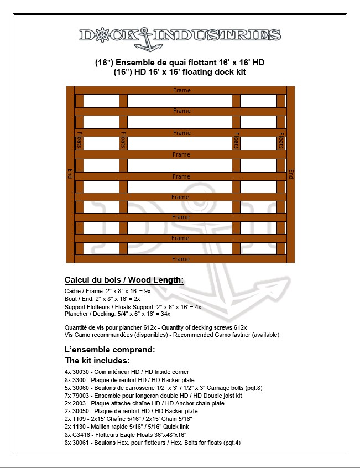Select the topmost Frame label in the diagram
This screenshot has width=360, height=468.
coord(181,90)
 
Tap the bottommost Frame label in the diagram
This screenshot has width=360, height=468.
coord(181,259)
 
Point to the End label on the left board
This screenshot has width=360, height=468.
coord(70,174)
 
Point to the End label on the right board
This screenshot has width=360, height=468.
coord(291,174)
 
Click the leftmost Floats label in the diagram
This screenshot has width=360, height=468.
coord(79,140)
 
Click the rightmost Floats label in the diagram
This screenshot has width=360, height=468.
coord(281,140)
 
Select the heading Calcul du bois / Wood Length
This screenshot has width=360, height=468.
coord(124,279)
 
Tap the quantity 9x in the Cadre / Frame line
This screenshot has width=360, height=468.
coord(147,290)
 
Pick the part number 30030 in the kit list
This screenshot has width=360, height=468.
coord(80,372)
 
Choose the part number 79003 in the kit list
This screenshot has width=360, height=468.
coord(80,396)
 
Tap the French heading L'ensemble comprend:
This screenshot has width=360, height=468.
coord(110,350)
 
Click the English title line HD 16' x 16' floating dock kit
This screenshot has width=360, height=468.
coord(180,72)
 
